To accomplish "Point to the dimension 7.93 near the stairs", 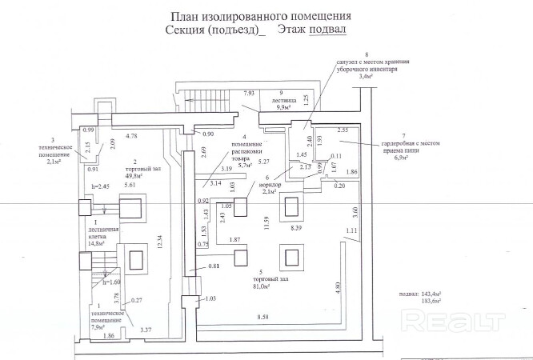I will coord(250,94).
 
